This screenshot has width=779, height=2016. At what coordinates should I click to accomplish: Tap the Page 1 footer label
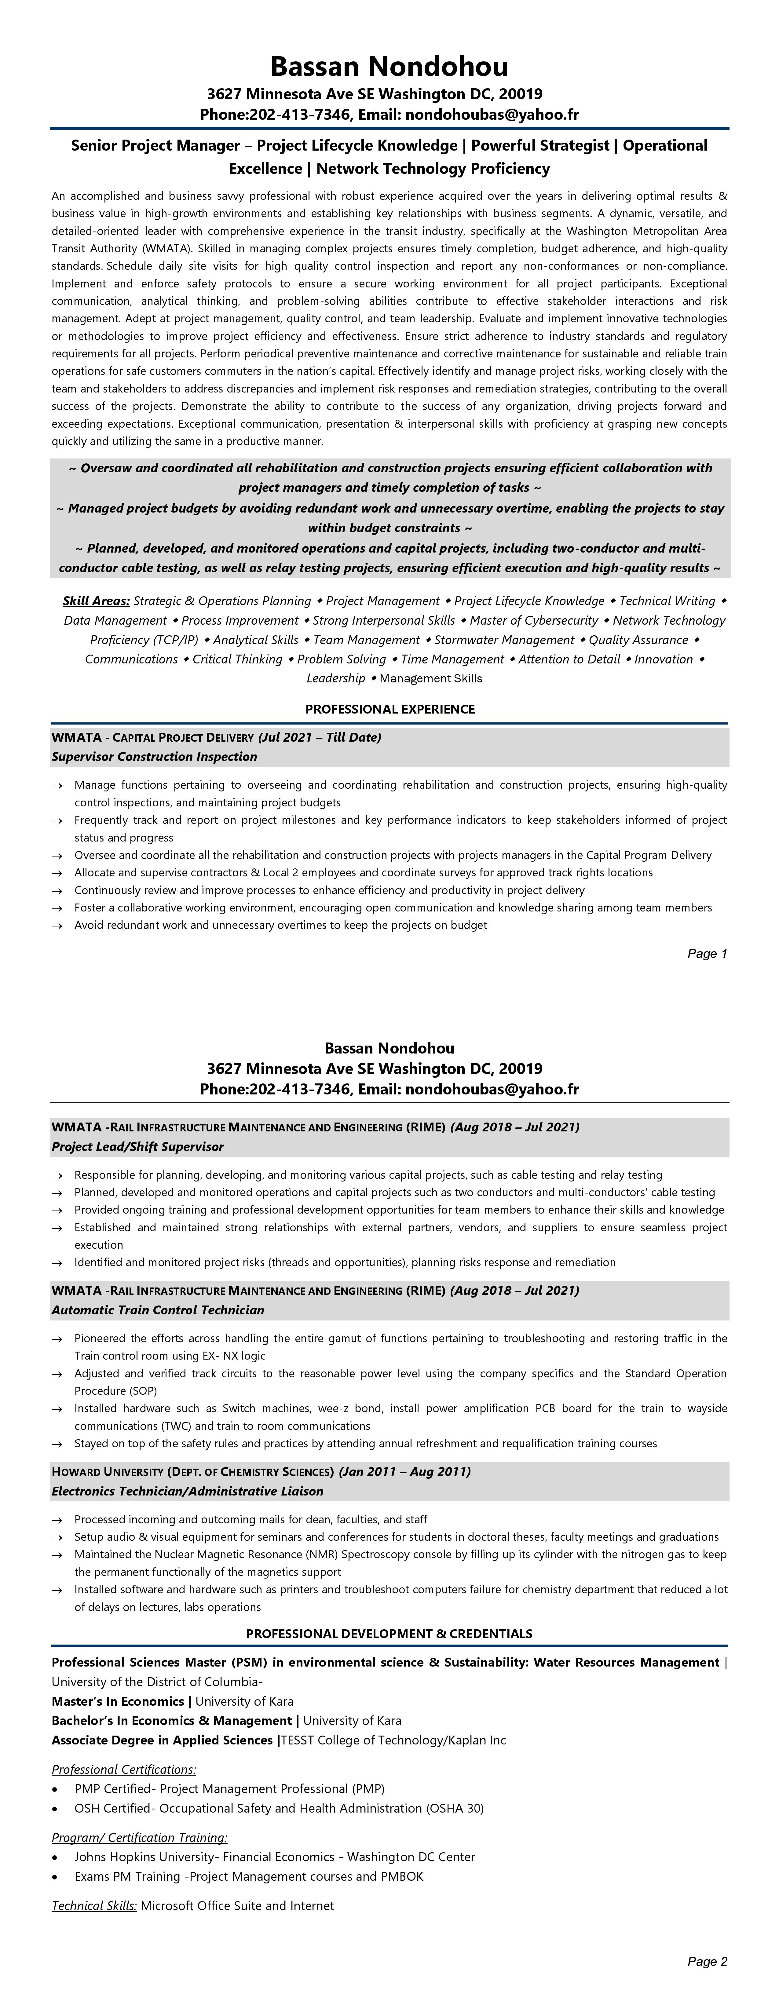coord(707,953)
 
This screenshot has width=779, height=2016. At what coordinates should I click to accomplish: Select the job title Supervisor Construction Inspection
coord(154,757)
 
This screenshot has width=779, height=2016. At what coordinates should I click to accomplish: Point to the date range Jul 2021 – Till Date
coord(320,737)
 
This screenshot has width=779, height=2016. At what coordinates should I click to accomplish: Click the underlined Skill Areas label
coord(96,601)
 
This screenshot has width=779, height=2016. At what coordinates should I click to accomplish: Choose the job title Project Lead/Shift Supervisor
coord(138,1146)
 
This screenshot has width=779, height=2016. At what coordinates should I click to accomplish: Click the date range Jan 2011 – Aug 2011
coord(405,1471)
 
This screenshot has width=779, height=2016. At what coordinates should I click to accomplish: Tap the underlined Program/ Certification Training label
coord(139,1838)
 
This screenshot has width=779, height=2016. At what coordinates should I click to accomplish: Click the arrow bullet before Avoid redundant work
coord(57,926)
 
